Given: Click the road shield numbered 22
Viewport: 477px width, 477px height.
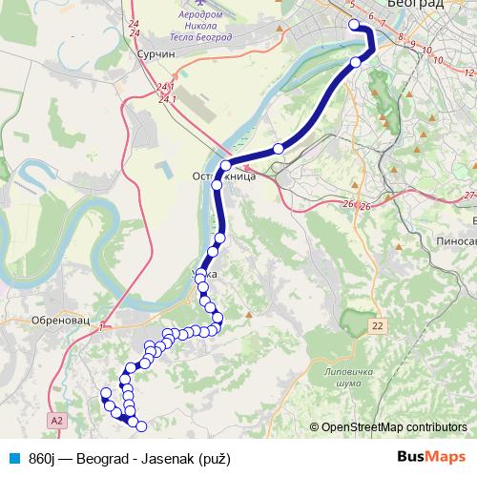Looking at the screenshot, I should coord(379,325).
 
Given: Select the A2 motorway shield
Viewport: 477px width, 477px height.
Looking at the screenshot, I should coord(59,418).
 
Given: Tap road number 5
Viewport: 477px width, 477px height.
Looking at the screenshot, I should coord(353,6).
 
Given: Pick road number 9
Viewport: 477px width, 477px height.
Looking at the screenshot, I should coord(413,45).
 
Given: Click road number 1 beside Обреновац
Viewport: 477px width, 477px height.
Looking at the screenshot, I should coord(100,325).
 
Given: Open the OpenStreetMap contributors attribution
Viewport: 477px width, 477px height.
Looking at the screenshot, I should coord(392,426).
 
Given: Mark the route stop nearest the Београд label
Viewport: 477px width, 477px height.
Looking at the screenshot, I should coord(354,25).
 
